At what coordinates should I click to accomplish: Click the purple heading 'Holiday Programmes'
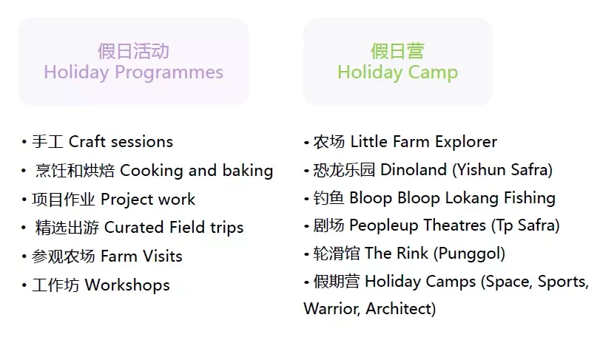(x=134, y=72)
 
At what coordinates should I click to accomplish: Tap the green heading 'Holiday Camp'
(x=397, y=72)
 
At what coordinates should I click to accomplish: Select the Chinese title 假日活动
(x=133, y=51)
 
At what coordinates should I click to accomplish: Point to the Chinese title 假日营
(x=397, y=51)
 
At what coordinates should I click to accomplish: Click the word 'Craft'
(x=87, y=141)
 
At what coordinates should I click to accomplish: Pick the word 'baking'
(x=248, y=171)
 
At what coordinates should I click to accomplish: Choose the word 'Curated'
(x=134, y=228)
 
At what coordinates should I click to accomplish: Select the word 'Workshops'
(x=127, y=285)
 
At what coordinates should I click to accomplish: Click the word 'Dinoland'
(x=414, y=170)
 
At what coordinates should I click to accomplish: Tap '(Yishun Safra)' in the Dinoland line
(x=502, y=170)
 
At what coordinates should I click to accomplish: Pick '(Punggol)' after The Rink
(x=470, y=254)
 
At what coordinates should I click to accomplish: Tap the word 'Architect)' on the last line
(x=401, y=309)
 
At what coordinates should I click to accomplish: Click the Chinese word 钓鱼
(x=328, y=198)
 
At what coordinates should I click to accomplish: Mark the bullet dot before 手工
(x=24, y=142)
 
